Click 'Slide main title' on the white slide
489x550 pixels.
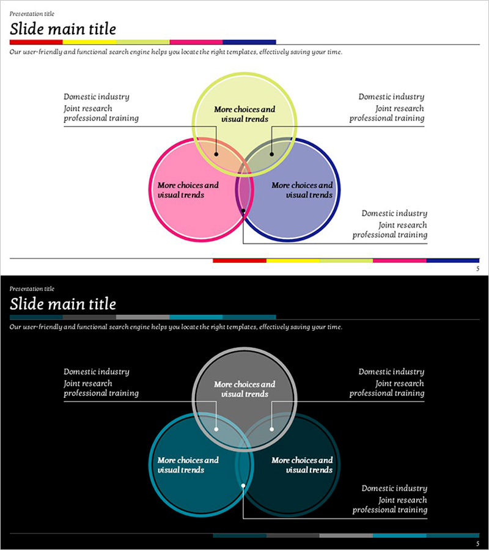point(62,29)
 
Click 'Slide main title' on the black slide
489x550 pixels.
point(62,304)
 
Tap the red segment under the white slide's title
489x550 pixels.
point(36,42)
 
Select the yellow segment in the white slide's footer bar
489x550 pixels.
point(293,260)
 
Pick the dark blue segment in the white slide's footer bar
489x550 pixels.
point(452,260)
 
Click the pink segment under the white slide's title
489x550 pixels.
point(196,42)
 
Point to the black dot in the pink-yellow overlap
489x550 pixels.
point(216,154)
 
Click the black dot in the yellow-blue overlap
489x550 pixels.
point(272,154)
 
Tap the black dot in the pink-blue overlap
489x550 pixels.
point(243,211)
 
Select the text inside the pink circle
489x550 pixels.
point(188,190)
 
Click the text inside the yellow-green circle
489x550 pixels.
point(244,114)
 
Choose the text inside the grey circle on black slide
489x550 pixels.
point(244,389)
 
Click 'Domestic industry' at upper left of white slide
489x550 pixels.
point(97,97)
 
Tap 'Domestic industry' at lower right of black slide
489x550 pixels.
point(394,488)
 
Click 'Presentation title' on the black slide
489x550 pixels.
point(32,288)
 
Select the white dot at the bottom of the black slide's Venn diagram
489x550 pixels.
point(243,486)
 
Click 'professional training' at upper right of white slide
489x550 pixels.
point(386,118)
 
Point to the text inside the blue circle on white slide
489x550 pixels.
point(302,190)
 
